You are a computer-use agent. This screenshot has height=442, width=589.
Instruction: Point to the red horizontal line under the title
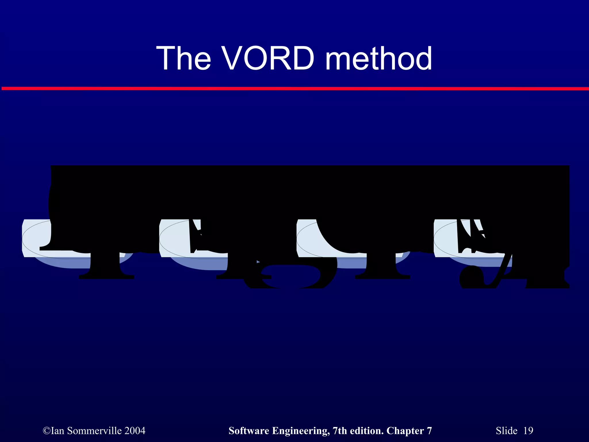tap(294, 89)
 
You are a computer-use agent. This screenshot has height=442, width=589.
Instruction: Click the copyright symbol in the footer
tap(46, 431)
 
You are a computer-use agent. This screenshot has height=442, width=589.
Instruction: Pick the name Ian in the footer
tap(57, 431)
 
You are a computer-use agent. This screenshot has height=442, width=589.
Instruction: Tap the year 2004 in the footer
tap(135, 431)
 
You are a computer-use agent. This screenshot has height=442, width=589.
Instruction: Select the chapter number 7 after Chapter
tap(429, 431)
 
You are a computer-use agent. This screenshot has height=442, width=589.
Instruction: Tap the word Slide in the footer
tap(506, 431)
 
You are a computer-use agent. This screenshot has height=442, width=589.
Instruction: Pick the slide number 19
tap(528, 431)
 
